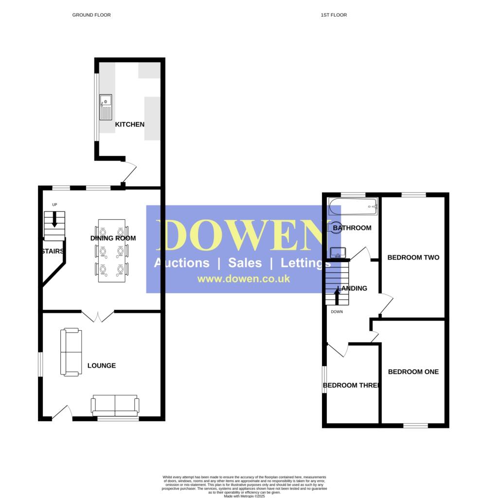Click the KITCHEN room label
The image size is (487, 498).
[129, 124]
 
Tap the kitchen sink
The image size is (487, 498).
[106, 107]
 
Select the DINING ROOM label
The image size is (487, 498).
[113, 238]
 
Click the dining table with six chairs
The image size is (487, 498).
[112, 251]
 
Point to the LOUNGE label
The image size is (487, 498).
[102, 366]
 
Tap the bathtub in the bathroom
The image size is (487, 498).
[353, 206]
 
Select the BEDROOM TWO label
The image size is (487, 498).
[413, 257]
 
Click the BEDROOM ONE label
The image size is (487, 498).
[413, 372]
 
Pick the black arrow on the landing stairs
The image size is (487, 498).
[337, 296]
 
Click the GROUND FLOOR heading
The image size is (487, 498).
[91, 15]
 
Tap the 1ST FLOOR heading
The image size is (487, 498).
[334, 15]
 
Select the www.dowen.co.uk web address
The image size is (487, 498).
[243, 279]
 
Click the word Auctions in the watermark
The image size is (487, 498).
[181, 263]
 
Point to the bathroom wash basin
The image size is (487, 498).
[338, 253]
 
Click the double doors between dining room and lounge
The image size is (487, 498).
[98, 317]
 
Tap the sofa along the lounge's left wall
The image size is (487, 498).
[71, 352]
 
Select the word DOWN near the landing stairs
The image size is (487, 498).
[337, 312]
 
